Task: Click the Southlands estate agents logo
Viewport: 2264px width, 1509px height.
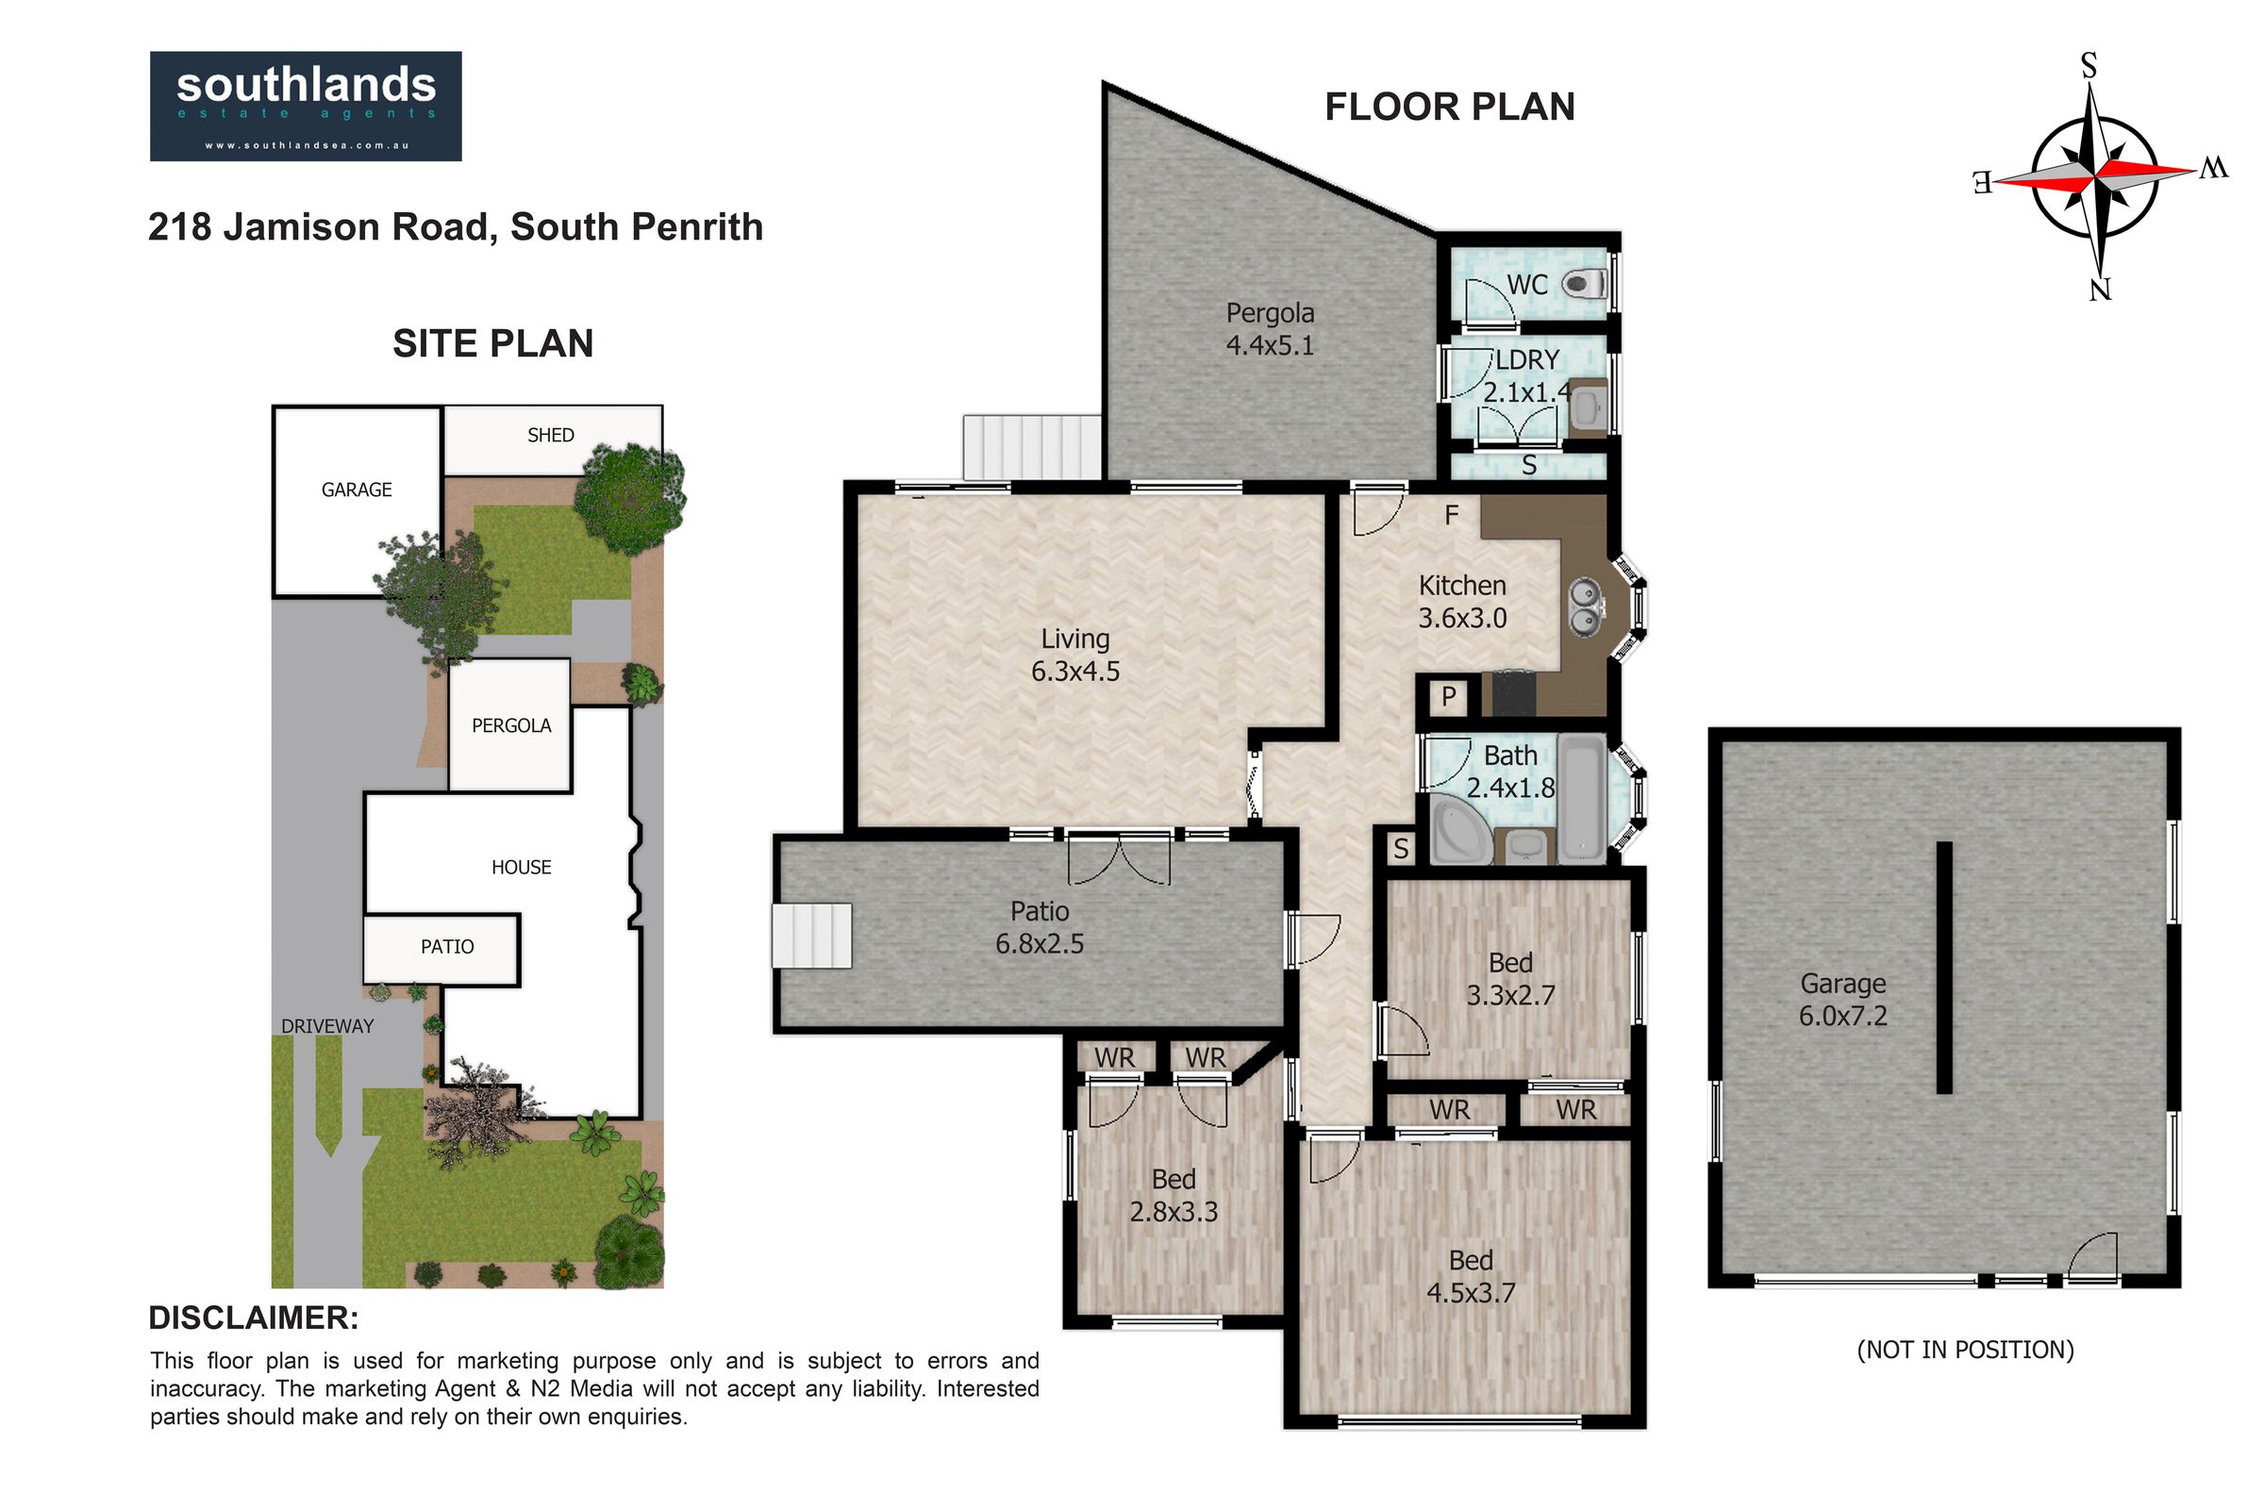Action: click(305, 106)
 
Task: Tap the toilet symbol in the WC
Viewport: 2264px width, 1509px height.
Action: click(1584, 284)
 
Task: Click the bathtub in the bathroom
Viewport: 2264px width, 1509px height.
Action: click(1583, 798)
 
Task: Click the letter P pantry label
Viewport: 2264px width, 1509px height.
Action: click(1449, 696)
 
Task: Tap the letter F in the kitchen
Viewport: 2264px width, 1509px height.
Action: click(1452, 516)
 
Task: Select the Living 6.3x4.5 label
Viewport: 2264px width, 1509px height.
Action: click(1075, 655)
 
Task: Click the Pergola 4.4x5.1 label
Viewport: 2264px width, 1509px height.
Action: click(1270, 328)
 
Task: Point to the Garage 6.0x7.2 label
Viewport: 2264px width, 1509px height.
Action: click(1843, 999)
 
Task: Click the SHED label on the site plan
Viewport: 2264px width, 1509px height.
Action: click(551, 435)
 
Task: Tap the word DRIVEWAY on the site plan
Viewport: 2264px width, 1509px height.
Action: click(327, 1026)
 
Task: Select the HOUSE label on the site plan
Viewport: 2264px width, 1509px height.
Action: click(522, 867)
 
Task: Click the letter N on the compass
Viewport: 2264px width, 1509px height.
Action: click(2101, 289)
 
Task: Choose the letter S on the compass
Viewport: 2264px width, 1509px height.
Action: click(2089, 65)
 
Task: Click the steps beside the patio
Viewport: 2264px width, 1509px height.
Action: click(811, 935)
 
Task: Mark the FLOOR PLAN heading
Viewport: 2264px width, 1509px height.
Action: click(1450, 107)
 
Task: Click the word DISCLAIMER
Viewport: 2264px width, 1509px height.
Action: click(253, 1318)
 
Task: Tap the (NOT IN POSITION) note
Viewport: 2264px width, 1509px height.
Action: click(1965, 1351)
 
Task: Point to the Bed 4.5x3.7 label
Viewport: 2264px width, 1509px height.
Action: click(1471, 1276)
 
